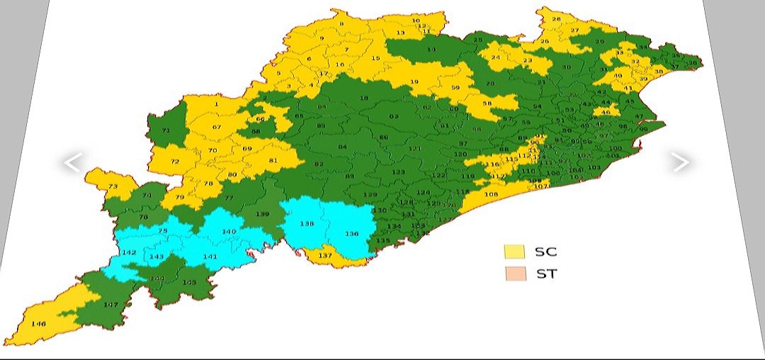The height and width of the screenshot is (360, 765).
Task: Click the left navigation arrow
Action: tap(72, 163)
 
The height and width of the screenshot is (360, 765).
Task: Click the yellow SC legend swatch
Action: tap(514, 252)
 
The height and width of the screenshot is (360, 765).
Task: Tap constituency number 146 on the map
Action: tap(39, 324)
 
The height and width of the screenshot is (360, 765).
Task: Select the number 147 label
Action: tap(110, 305)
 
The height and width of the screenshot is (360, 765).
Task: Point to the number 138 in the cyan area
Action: tap(307, 224)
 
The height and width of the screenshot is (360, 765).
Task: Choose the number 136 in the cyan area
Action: tap(352, 233)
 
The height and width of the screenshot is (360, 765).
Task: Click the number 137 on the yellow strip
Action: tap(325, 255)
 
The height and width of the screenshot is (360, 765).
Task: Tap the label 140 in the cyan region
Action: tap(229, 232)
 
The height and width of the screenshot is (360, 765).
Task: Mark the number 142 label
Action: tap(129, 253)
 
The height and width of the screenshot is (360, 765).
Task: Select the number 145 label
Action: tap(189, 283)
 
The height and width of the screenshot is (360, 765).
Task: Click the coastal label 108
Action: tap(491, 194)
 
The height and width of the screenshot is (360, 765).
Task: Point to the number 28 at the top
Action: tap(556, 19)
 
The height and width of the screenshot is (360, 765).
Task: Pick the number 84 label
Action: tap(342, 147)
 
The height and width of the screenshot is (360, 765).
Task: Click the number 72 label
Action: tap(175, 162)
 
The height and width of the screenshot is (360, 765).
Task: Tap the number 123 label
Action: tap(399, 172)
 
